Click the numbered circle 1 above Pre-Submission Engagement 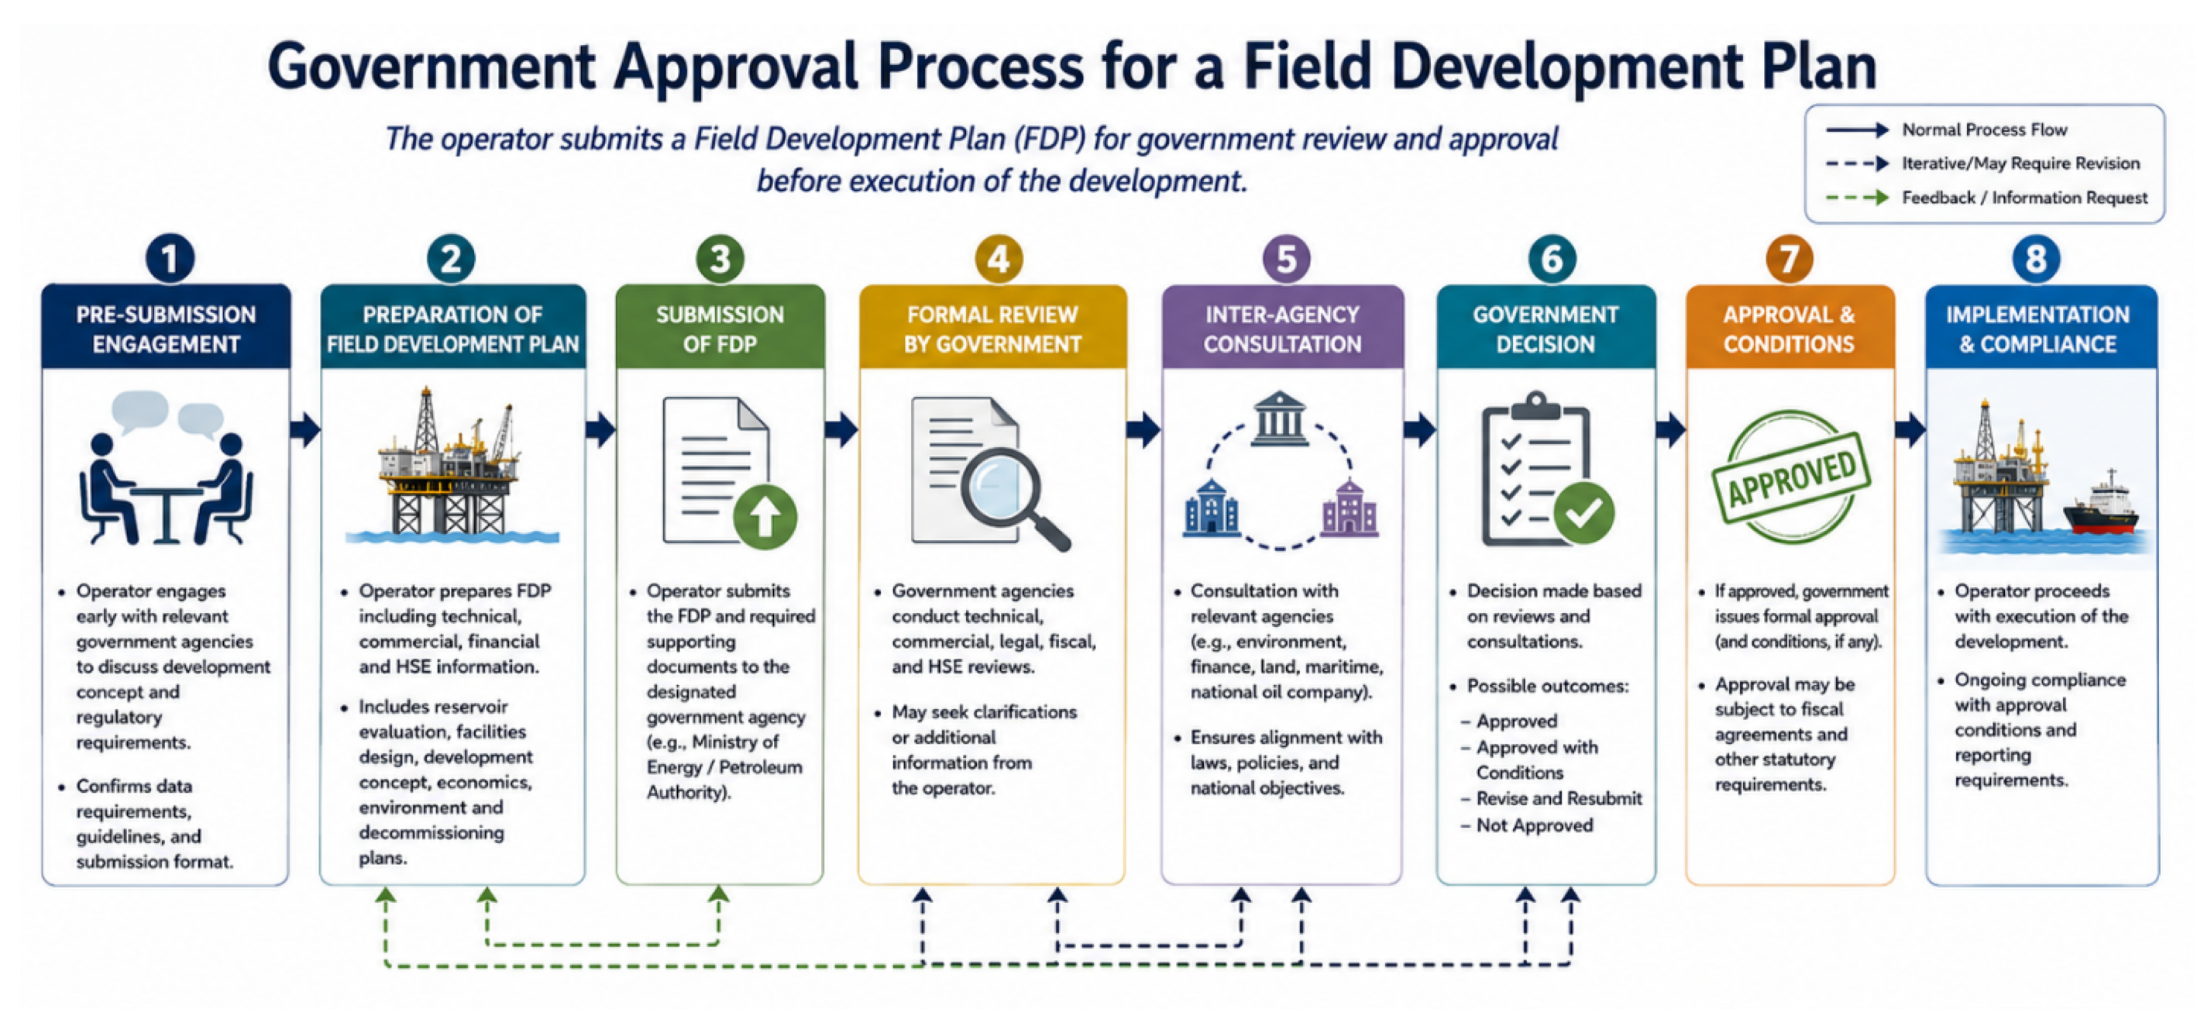170,259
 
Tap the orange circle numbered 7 1789,259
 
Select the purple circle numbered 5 1285,259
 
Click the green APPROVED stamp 1791,476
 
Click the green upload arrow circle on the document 765,516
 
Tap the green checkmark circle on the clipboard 1583,512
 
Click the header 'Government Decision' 1546,329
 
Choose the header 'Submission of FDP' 720,329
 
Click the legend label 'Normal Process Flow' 1984,130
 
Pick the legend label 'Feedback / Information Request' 2024,198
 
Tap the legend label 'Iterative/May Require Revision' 2020,164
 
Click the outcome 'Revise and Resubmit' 1559,798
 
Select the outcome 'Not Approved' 1534,825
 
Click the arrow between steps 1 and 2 305,429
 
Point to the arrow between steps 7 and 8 1910,429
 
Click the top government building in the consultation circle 1279,418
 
